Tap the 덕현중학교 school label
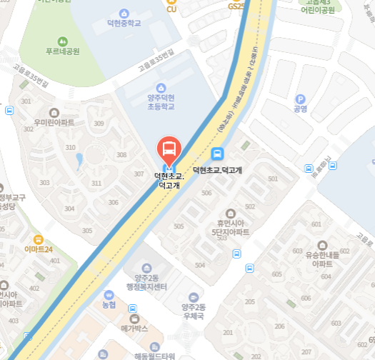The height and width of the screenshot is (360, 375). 125,22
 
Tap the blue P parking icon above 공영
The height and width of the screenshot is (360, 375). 300,99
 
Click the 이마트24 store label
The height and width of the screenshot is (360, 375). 39,249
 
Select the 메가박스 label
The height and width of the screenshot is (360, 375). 134,328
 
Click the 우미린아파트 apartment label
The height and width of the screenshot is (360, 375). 54,122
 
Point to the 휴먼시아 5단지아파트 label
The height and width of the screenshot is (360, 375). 230,227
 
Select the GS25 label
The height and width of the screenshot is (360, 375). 236,6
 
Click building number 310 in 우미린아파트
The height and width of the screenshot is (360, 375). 71,147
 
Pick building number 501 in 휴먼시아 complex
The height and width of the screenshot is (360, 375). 272,179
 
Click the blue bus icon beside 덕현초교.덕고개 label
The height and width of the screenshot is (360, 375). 217,154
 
